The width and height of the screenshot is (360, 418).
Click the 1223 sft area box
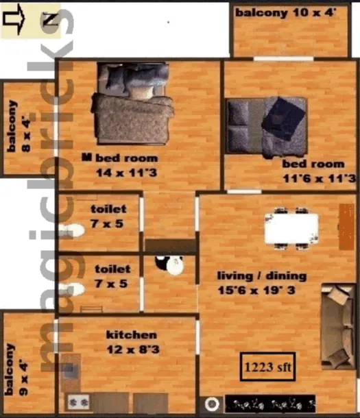click(267, 367)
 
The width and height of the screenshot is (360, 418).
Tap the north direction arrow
click(14, 19)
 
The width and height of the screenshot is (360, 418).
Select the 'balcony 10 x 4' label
click(285, 13)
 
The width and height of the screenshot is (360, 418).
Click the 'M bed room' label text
click(120, 158)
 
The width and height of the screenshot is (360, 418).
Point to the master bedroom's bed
click(132, 103)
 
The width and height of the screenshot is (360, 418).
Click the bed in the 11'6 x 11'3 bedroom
click(266, 127)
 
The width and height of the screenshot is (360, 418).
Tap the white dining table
click(291, 229)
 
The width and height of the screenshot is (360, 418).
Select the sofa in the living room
click(339, 326)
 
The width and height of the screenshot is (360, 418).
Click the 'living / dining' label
click(262, 276)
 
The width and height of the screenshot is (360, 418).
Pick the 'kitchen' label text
click(132, 335)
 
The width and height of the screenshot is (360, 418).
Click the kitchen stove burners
click(78, 402)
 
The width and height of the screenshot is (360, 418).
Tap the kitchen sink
click(71, 370)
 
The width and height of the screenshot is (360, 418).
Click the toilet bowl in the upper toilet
click(71, 231)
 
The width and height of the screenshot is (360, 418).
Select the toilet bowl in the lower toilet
click(71, 289)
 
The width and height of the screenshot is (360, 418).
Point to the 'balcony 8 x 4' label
click(19, 126)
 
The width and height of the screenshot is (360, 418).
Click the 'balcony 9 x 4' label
click(16, 369)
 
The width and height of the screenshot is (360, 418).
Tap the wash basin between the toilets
click(170, 265)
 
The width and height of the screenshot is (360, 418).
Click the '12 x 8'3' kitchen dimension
click(133, 349)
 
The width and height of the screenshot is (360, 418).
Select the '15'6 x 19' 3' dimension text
click(256, 290)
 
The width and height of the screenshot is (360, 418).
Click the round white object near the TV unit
click(212, 404)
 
